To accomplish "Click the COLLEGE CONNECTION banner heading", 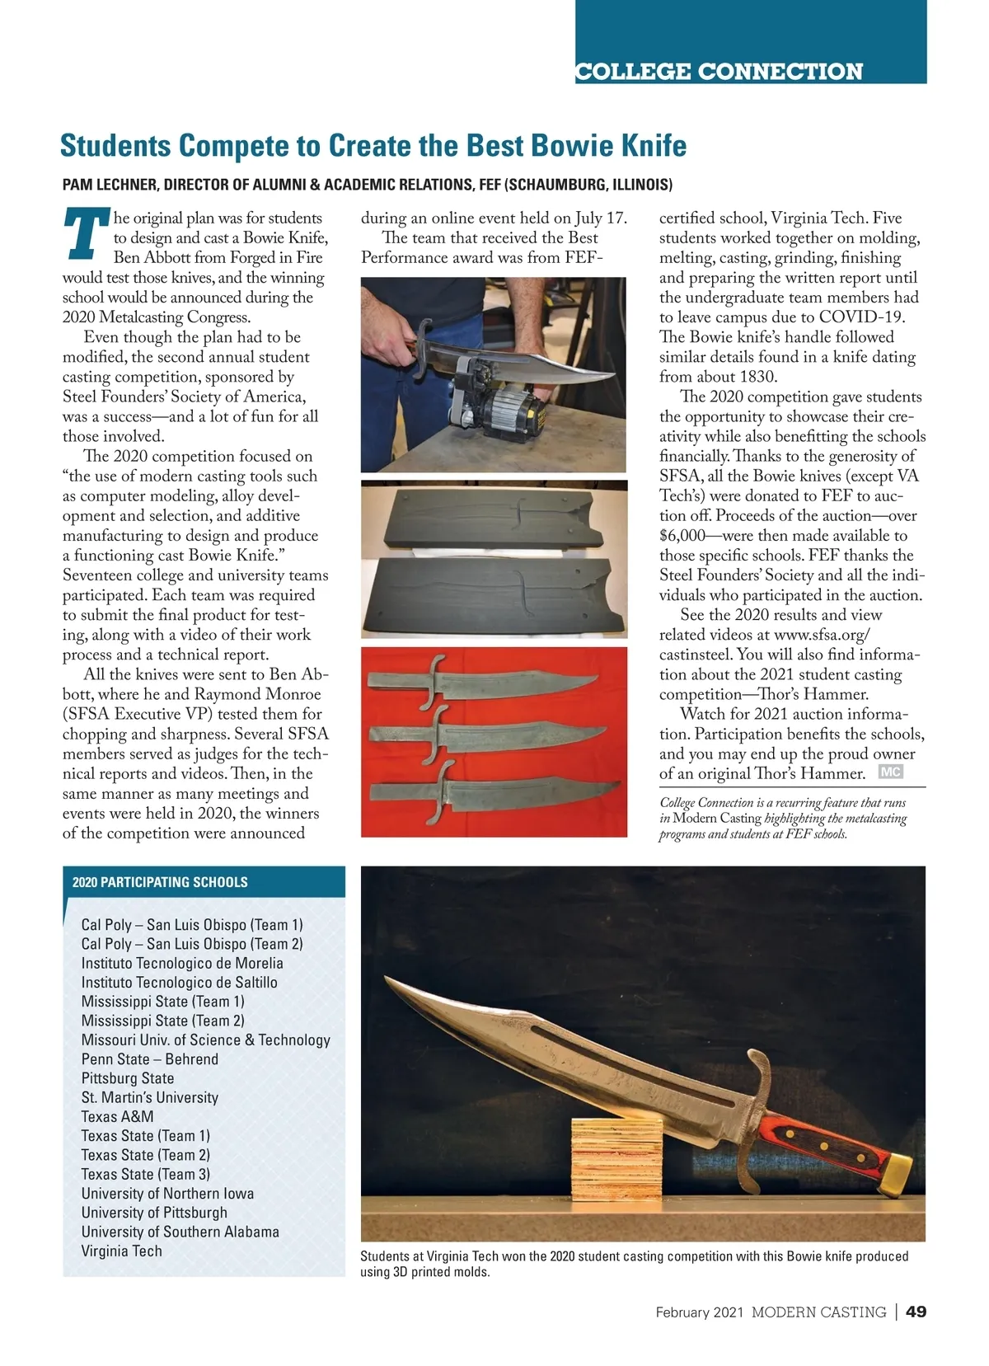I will pos(719,72).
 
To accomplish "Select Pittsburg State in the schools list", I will pos(128,1078).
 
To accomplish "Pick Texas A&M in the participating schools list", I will pos(117,1116).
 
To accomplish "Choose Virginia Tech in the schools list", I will pos(121,1251).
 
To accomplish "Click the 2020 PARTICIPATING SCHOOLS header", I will pos(160,882).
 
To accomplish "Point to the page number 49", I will pos(916,1312).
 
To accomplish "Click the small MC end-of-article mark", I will pos(890,772).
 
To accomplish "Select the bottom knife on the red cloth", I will pos(494,796).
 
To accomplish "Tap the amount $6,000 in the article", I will pos(683,535).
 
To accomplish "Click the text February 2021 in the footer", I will pos(700,1312).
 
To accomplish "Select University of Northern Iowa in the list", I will pos(167,1193).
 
